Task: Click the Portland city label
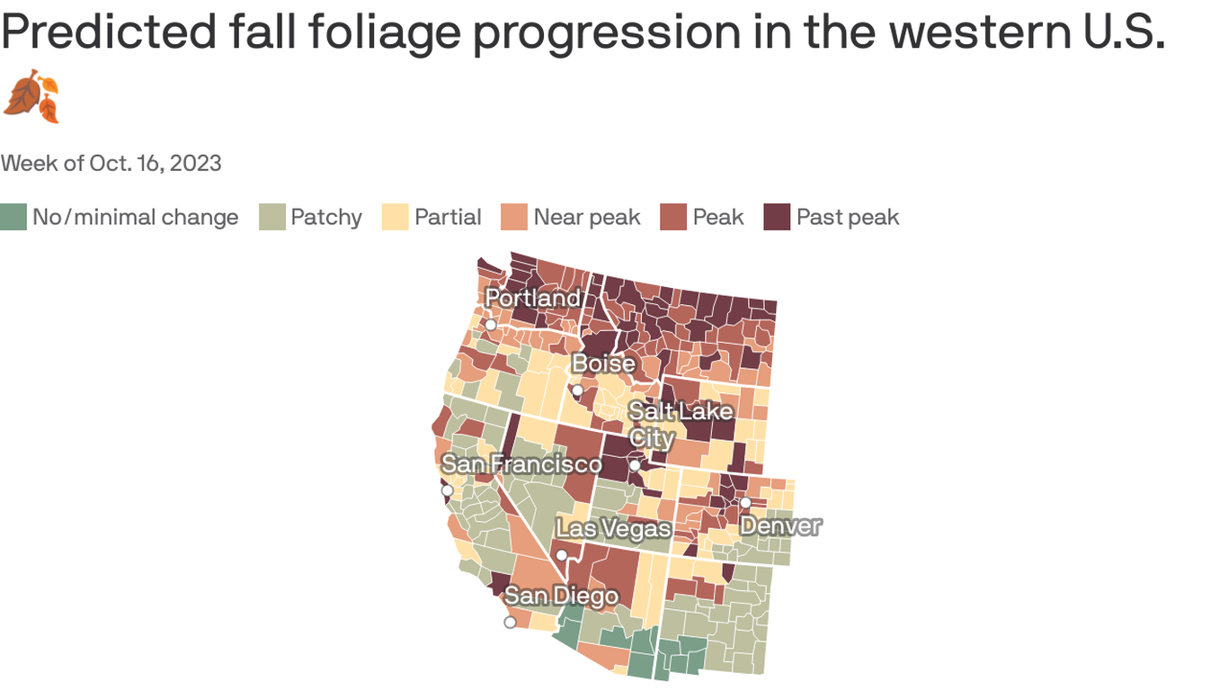(x=533, y=298)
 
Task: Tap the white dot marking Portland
(x=491, y=325)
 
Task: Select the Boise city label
(x=604, y=364)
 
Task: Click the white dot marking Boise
(x=577, y=390)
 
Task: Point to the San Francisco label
(x=521, y=464)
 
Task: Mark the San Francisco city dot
(x=447, y=490)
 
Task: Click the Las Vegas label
(x=613, y=529)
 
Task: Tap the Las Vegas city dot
(x=562, y=555)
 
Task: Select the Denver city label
(x=780, y=526)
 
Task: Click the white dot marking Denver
(x=745, y=502)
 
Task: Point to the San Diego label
(x=561, y=596)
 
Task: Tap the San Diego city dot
(x=510, y=622)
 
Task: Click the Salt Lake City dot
(x=635, y=466)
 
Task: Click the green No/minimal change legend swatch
(x=13, y=218)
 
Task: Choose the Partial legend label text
(x=448, y=218)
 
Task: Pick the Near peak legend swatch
(x=514, y=218)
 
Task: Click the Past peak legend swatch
(x=777, y=218)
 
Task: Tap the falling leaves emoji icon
(x=31, y=96)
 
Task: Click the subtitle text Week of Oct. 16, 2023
(x=111, y=163)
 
